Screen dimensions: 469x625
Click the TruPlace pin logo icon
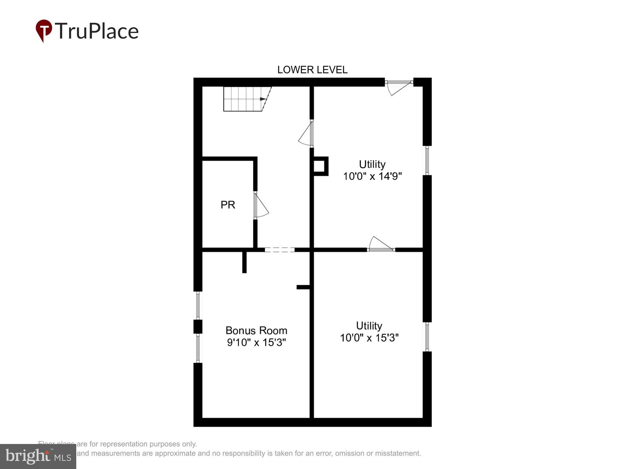(x=44, y=30)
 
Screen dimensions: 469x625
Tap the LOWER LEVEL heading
(x=312, y=70)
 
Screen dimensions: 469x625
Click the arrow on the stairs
(x=263, y=99)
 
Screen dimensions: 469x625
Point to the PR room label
(x=228, y=205)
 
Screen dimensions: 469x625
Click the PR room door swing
(x=261, y=206)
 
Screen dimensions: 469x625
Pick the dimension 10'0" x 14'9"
(x=372, y=176)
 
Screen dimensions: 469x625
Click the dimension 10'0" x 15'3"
(x=369, y=338)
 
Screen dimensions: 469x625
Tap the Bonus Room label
(x=256, y=330)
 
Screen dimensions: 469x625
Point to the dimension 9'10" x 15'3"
(x=256, y=342)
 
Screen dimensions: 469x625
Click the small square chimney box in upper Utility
(x=320, y=166)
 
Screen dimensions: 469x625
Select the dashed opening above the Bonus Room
(x=279, y=250)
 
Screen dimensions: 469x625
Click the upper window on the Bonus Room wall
(x=198, y=305)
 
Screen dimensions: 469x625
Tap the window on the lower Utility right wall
(x=427, y=337)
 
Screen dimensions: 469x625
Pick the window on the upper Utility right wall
(x=427, y=160)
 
